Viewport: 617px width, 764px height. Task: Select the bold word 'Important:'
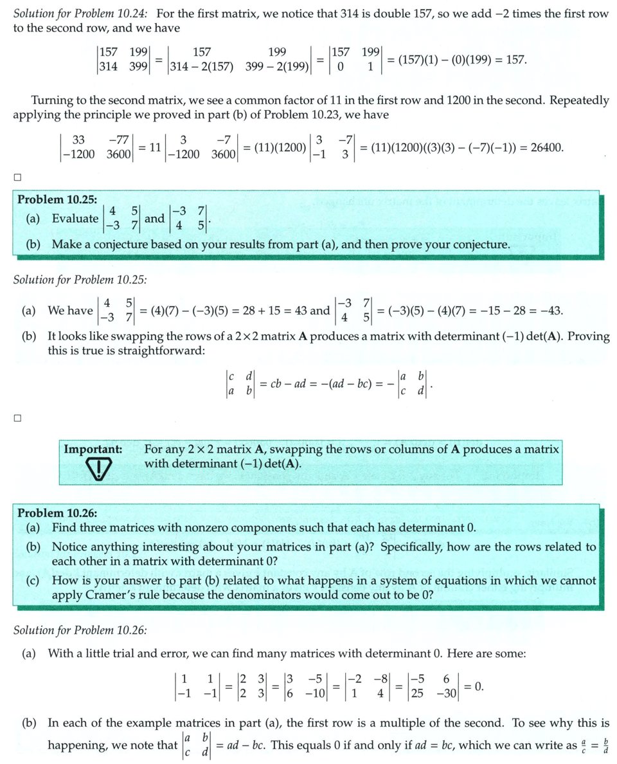click(x=93, y=449)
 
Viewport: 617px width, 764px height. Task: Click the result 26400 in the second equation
click(x=545, y=147)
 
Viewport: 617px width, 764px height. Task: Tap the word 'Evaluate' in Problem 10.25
click(x=75, y=219)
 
